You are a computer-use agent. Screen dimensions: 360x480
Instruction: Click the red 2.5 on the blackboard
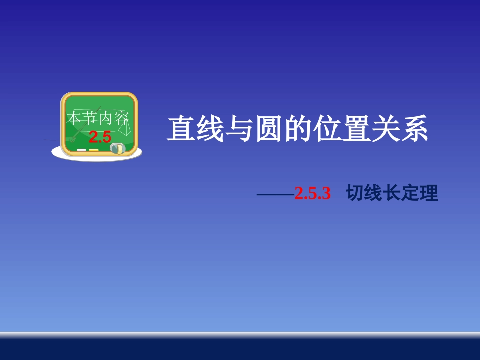(x=100, y=137)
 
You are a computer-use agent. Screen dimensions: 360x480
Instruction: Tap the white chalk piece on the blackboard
(x=81, y=150)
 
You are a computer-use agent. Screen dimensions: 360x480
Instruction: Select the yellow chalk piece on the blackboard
(x=93, y=150)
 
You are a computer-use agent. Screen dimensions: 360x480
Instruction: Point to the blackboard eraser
(x=117, y=148)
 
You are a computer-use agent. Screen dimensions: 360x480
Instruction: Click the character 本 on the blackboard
(x=74, y=119)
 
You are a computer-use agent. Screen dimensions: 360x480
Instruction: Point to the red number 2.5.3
(x=312, y=194)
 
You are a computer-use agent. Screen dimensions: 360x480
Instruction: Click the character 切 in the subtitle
(x=355, y=194)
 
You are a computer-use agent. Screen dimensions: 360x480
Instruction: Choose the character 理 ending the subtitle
(x=429, y=194)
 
